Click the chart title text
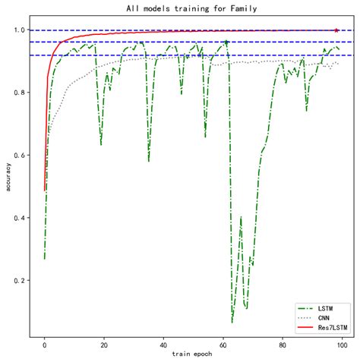click(191, 8)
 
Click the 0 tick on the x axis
click(45, 345)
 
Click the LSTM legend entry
click(327, 309)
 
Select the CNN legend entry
click(325, 318)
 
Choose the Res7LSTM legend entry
click(332, 327)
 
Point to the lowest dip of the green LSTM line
click(232, 322)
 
